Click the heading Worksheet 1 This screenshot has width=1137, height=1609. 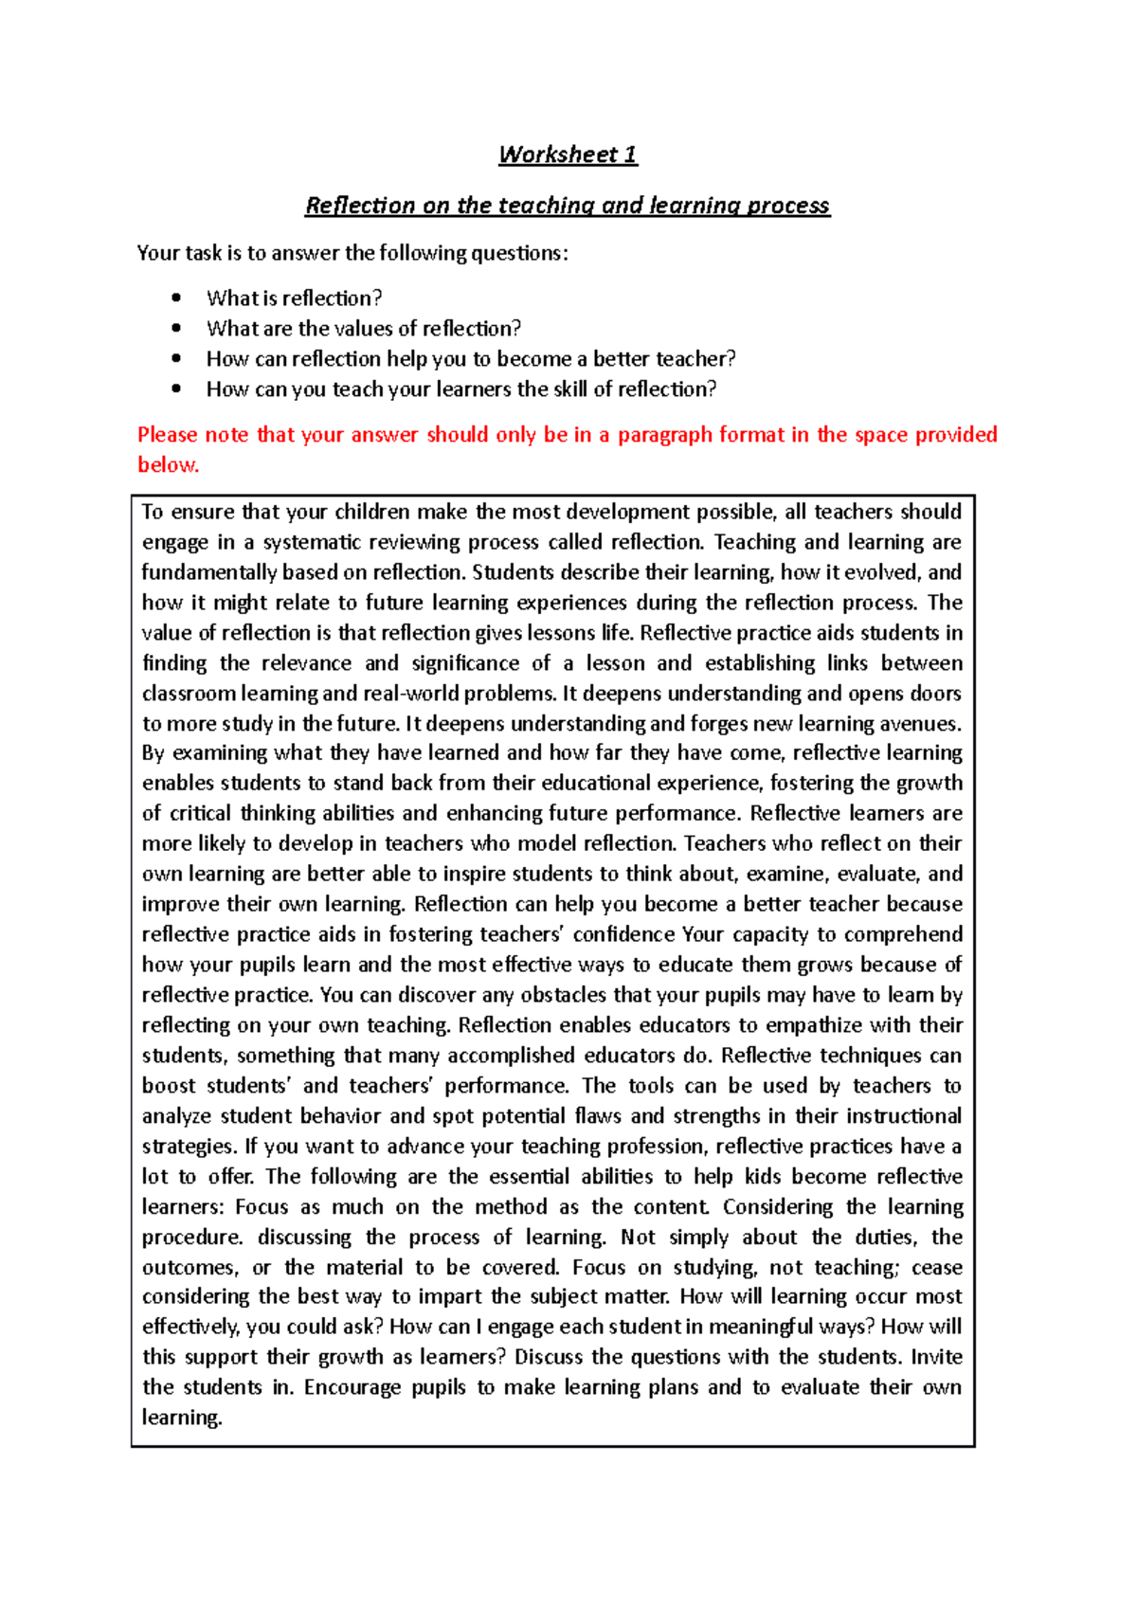[568, 154]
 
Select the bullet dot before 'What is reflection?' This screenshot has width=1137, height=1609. [176, 298]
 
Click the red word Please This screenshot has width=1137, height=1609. [167, 435]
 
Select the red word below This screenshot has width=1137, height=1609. [168, 465]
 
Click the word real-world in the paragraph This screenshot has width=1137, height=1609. [413, 694]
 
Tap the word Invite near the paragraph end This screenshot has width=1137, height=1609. [936, 1357]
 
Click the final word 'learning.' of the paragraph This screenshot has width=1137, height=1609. [182, 1418]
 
